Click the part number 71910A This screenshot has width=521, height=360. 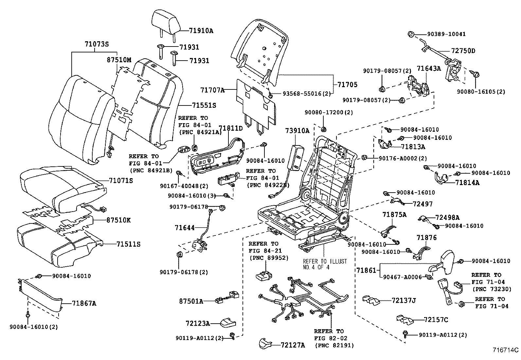click(201, 31)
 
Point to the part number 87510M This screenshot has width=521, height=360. click(119, 60)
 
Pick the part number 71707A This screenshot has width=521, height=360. click(212, 89)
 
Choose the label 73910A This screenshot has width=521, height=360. click(297, 131)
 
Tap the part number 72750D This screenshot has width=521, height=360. click(463, 51)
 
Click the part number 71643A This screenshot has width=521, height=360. click(429, 68)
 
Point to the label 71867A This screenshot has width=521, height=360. click(84, 304)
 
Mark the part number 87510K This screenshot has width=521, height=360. click(118, 220)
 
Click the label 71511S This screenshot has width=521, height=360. click(128, 244)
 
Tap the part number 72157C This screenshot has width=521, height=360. click(436, 319)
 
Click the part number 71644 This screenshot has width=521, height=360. click(185, 227)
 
